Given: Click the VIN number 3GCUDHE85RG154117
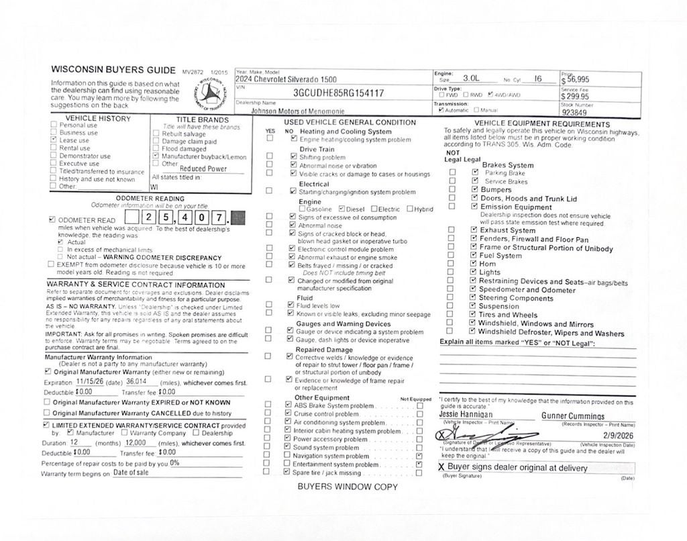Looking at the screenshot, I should (x=339, y=93).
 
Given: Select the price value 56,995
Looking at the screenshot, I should (x=578, y=79).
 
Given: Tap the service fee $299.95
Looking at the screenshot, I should (x=575, y=96).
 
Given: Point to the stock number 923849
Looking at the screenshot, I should (x=575, y=113).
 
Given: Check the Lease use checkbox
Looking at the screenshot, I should (x=54, y=140).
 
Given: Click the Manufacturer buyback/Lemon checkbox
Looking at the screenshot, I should (x=156, y=156).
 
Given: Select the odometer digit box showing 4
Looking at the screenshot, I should (x=182, y=217).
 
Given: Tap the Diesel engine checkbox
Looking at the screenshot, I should (x=342, y=209).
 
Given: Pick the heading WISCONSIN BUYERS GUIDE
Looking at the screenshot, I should (x=113, y=69).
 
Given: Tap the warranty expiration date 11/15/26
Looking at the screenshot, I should (x=90, y=381).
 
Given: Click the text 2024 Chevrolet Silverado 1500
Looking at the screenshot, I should (x=282, y=79).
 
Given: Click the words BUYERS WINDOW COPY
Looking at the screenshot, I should (x=348, y=487).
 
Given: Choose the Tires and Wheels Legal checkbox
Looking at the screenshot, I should (x=474, y=314).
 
